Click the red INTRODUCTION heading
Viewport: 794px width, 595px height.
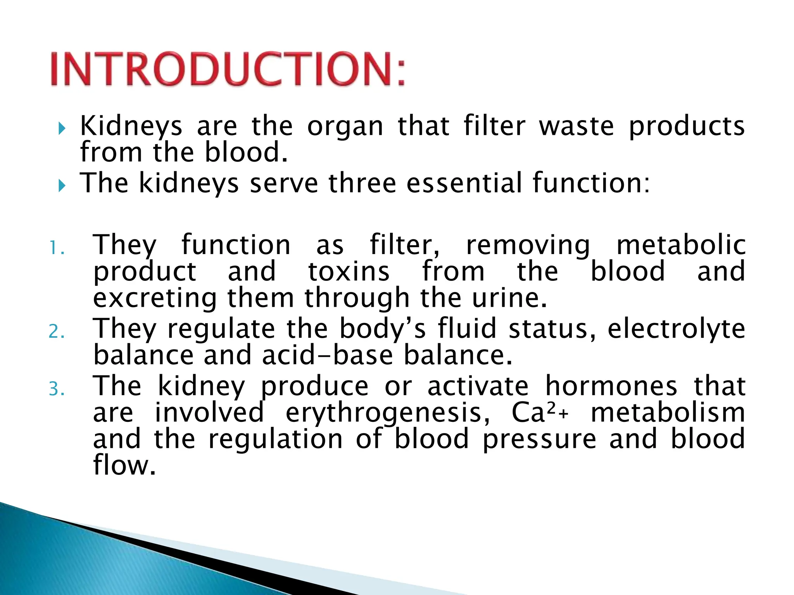pos(228,69)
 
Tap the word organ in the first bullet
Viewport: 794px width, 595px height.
pos(345,127)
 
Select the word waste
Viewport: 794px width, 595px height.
pos(577,127)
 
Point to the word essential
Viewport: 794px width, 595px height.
pos(464,183)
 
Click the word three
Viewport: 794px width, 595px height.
pos(362,183)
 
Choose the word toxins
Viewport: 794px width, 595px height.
pos(349,272)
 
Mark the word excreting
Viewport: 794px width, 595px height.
pos(155,298)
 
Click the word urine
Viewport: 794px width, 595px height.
pos(509,298)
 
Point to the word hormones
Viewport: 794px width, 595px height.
pos(611,386)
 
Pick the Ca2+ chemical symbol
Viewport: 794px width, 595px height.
pos(539,413)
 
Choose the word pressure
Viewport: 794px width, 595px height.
pos(539,439)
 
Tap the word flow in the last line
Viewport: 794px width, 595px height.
pos(124,465)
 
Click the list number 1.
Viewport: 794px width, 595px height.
pos(57,249)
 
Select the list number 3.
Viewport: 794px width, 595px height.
pos(57,389)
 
